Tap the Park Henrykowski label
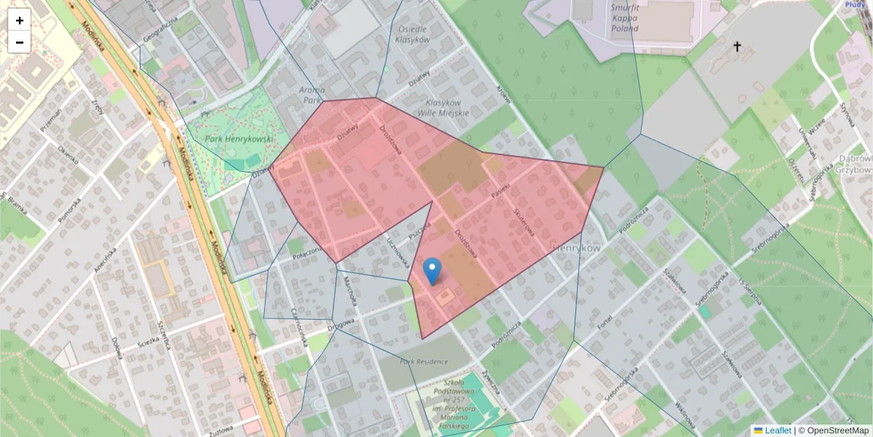pos(238,138)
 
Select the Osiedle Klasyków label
pos(412,34)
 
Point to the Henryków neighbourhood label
pos(576,248)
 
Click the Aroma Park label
pos(311,94)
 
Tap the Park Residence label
pos(423,361)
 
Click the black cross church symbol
pos(736,47)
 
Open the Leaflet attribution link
pos(777,430)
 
